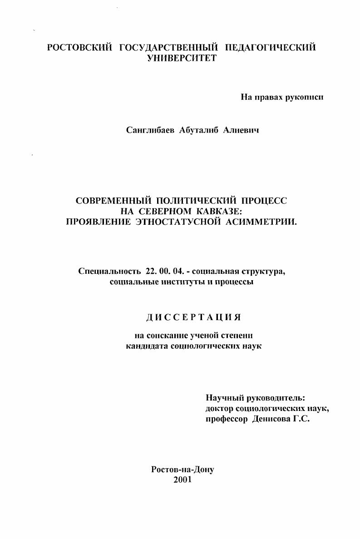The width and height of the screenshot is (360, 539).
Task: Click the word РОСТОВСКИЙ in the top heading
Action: [79, 48]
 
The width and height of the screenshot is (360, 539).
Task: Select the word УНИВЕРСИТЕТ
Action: [182, 58]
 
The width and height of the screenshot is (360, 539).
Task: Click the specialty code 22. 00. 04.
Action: [164, 272]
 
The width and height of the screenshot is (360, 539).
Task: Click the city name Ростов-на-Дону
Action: [182, 470]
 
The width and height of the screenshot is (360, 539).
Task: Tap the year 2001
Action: [182, 480]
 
